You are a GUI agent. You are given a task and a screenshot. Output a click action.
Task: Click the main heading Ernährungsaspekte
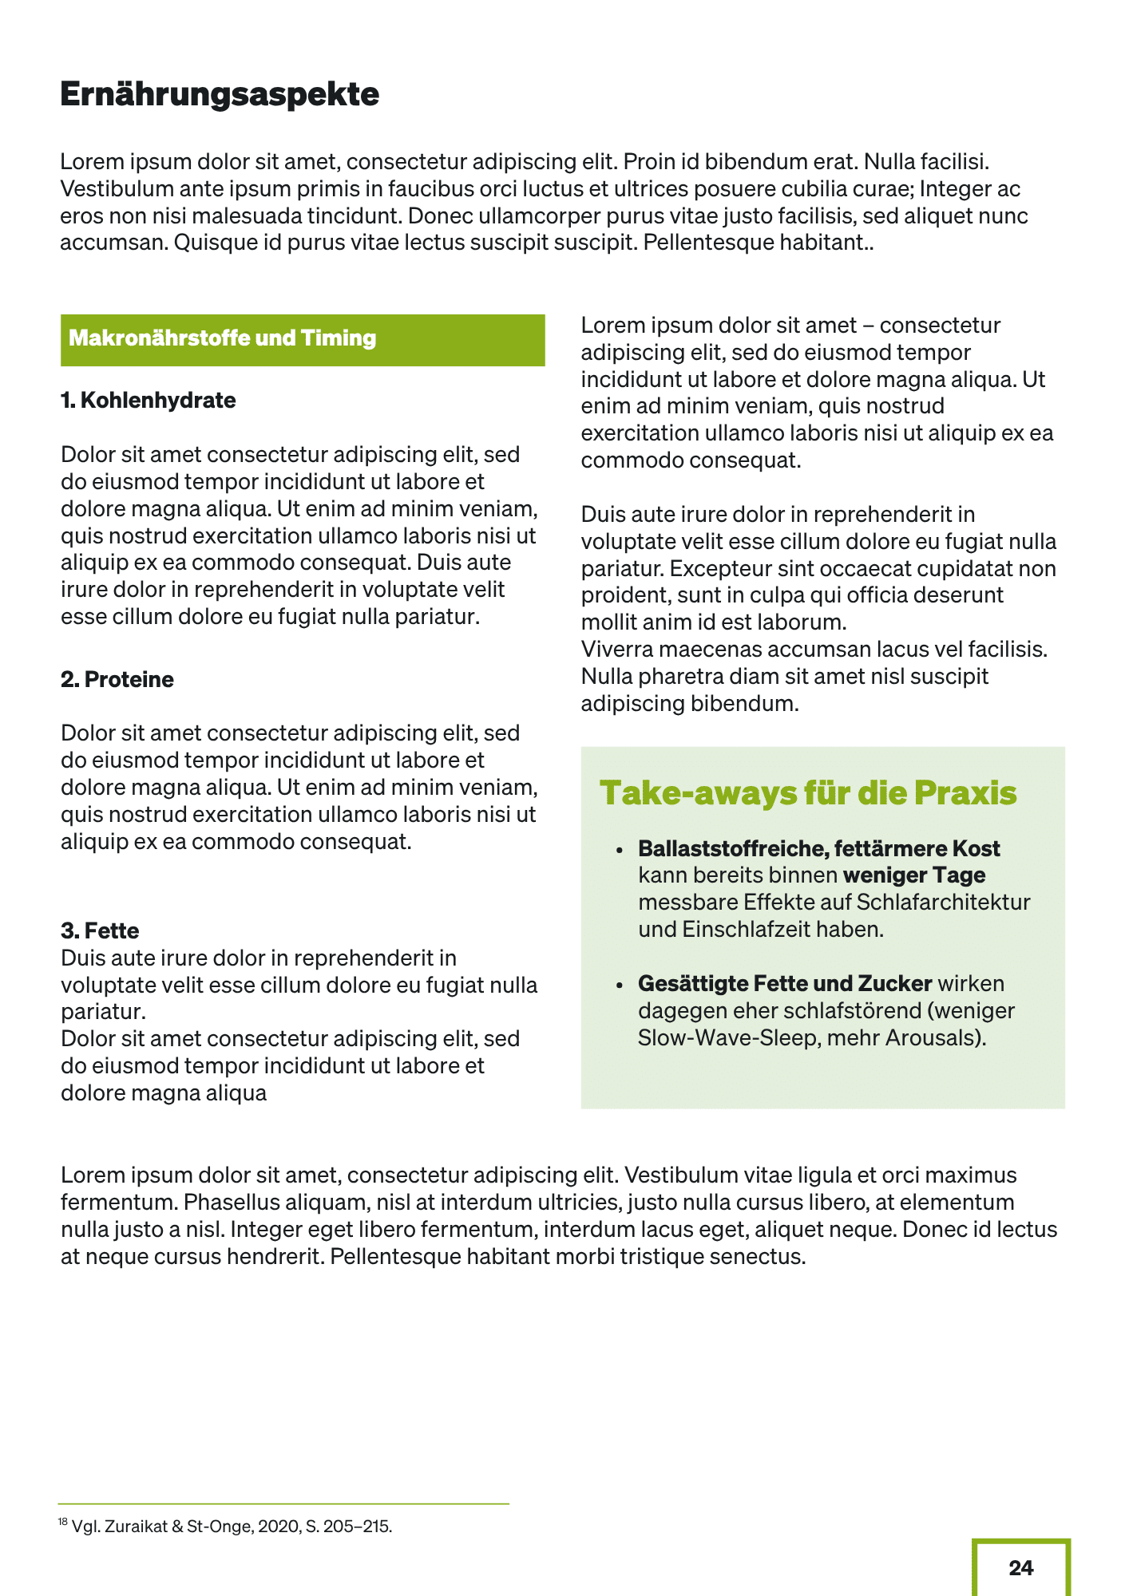click(220, 95)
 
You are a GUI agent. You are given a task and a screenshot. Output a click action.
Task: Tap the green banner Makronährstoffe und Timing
click(302, 339)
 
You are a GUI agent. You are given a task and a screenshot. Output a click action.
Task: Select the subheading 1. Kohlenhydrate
click(149, 401)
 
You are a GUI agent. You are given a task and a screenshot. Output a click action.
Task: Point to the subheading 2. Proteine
click(117, 680)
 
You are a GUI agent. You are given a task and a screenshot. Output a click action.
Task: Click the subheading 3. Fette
click(100, 930)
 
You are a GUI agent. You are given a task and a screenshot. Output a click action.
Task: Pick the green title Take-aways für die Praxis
click(807, 793)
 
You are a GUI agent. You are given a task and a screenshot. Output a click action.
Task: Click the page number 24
click(1020, 1568)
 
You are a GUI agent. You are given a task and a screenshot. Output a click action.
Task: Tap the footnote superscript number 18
click(62, 1522)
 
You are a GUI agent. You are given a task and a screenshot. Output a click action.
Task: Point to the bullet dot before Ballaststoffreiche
click(619, 851)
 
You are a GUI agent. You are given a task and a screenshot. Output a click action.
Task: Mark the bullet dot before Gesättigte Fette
click(619, 986)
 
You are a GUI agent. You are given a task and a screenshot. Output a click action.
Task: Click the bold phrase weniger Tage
click(914, 875)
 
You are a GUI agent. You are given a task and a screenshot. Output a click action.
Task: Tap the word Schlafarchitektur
click(943, 903)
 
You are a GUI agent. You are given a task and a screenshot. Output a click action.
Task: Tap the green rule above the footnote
click(283, 1504)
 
